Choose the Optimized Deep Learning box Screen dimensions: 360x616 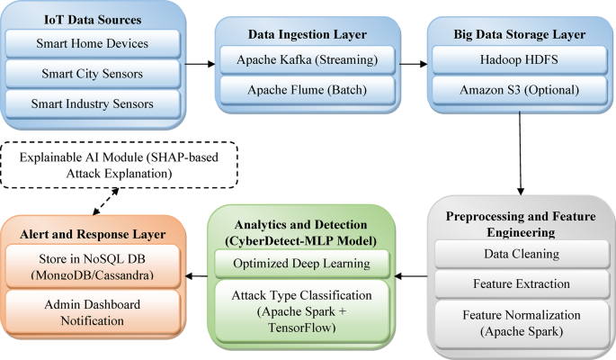(302, 263)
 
